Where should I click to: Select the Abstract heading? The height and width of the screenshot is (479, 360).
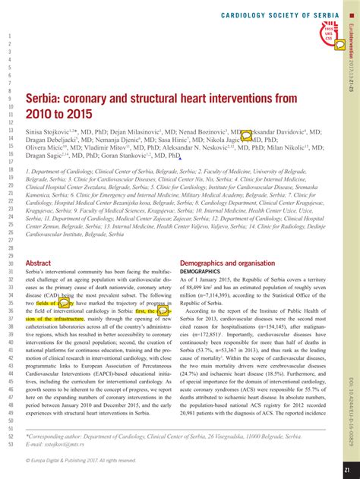(38, 263)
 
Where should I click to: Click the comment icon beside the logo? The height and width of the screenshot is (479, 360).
(339, 44)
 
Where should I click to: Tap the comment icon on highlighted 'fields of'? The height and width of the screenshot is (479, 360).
(65, 303)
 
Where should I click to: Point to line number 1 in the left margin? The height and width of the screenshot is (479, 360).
(10, 36)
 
